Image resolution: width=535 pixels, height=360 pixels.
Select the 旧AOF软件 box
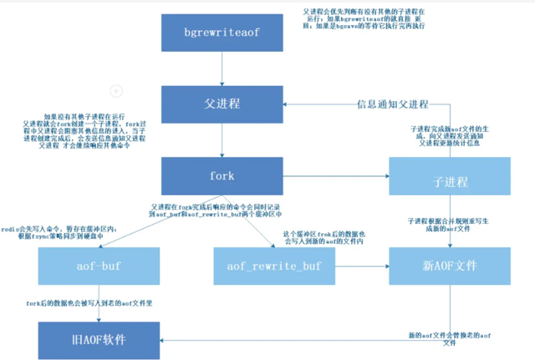99,340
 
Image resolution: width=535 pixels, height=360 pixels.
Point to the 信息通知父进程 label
392,104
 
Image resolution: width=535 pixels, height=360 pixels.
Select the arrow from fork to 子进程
334,178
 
